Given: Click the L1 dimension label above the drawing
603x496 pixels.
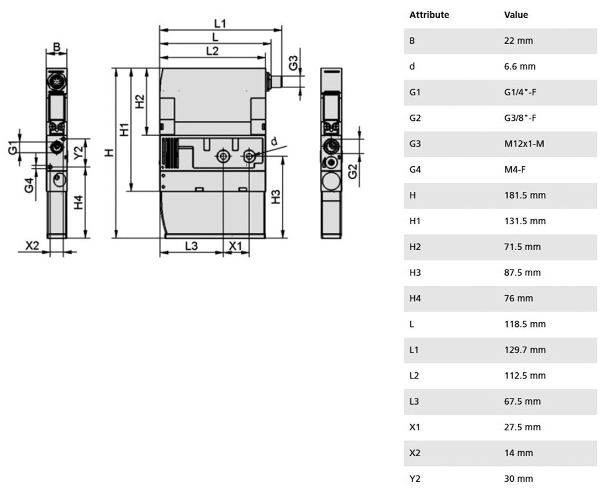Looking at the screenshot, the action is (x=220, y=24).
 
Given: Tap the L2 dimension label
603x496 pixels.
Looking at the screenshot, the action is (x=212, y=51).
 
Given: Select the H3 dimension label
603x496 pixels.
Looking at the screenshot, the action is (x=276, y=197).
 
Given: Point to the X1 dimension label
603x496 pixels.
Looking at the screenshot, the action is (x=235, y=246).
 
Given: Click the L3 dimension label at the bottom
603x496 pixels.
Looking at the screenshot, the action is (x=191, y=246).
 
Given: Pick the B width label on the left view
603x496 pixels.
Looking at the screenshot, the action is (x=57, y=47).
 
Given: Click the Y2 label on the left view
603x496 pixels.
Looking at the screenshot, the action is (x=78, y=153).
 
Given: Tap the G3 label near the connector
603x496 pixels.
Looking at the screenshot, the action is (x=293, y=63).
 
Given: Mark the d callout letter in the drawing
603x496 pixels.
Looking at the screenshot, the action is (x=274, y=142).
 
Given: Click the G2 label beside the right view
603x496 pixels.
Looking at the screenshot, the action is (x=352, y=171).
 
